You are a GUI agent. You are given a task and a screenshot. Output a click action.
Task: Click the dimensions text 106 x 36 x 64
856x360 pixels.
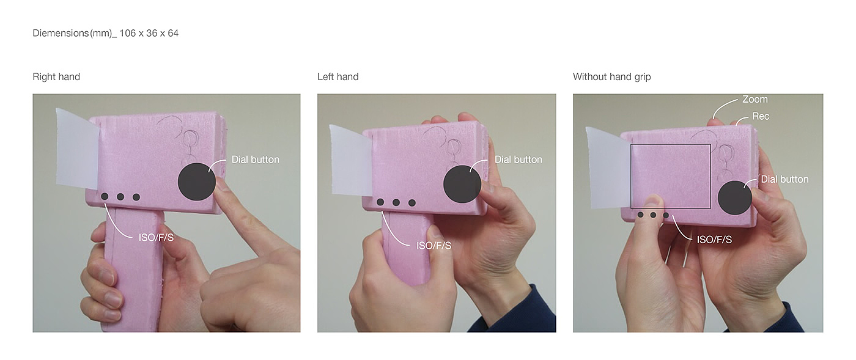coord(149,33)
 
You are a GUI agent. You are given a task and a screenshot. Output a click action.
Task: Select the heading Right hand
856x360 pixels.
coord(56,77)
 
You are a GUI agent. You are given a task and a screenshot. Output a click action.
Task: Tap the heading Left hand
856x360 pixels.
coord(338,77)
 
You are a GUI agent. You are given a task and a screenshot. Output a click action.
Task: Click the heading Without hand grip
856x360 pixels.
coord(612,77)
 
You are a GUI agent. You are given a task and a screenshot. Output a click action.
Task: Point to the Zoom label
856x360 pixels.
coord(755,100)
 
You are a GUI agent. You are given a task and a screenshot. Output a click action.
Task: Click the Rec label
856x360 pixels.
coord(761,116)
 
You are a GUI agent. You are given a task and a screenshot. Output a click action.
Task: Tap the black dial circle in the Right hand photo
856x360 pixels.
coord(197,182)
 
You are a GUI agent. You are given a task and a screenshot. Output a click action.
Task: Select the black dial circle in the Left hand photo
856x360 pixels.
coord(462,184)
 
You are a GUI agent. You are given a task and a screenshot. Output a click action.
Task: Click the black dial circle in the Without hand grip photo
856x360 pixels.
coord(735,197)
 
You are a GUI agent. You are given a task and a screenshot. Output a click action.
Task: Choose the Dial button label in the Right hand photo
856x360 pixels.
coord(256,160)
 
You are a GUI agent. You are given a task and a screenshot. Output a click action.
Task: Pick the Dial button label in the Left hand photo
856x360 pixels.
coord(518,160)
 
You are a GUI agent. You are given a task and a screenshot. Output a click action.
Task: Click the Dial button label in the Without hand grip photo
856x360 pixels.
coord(784,179)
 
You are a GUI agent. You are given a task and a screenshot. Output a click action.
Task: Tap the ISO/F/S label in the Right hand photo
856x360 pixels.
coord(156,238)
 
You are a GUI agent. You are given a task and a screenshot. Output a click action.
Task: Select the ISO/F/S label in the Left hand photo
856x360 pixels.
coord(434,245)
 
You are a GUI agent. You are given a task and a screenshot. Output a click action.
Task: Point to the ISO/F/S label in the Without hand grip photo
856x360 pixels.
coord(714,240)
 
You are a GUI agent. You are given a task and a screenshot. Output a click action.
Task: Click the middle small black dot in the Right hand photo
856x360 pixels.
coord(120,197)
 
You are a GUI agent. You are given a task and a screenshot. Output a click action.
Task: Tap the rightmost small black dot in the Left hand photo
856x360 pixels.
coord(412,202)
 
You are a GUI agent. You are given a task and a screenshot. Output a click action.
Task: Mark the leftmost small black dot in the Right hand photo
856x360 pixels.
coord(105,196)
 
